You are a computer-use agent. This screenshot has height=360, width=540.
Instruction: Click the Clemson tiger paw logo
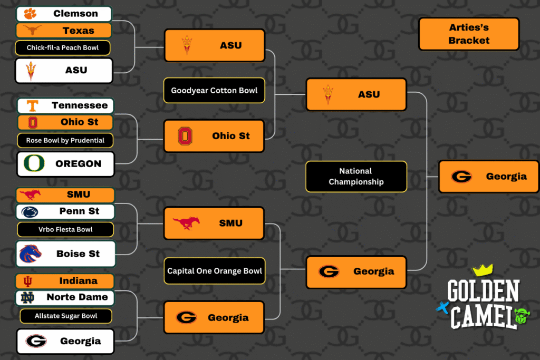30,14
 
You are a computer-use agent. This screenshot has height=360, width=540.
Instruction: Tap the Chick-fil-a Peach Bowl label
63,48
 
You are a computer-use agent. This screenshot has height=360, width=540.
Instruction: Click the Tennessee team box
65,105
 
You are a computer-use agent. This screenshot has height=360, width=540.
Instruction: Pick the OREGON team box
65,164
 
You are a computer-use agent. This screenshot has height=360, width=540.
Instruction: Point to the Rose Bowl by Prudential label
65,141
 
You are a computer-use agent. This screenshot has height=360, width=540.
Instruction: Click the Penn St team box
65,211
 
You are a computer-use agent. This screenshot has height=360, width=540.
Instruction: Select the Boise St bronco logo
30,254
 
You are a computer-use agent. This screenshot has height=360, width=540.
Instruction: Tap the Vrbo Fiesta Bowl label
65,229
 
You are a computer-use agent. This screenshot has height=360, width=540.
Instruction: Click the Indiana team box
65,281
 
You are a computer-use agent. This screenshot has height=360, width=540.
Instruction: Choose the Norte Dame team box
65,297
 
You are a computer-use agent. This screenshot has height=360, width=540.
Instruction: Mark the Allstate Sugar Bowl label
66,316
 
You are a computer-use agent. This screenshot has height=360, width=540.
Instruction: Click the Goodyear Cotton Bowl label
214,91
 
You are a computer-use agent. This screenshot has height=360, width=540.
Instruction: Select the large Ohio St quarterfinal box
214,136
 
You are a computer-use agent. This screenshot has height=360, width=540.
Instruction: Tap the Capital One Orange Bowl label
214,271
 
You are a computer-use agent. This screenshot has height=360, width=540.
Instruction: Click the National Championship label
356,177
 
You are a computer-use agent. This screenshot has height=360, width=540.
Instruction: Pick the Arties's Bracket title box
469,34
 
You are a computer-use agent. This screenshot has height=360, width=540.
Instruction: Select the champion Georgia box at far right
489,177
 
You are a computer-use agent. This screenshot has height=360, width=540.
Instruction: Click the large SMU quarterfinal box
214,223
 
